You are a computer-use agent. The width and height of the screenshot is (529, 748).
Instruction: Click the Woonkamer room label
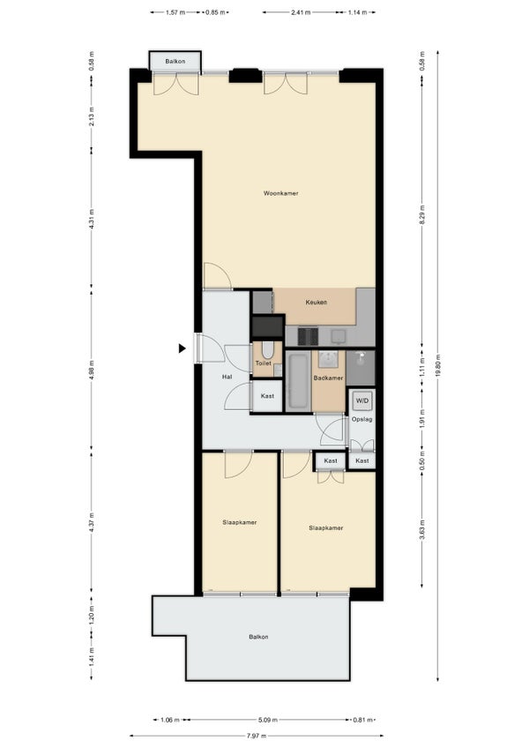click(x=281, y=193)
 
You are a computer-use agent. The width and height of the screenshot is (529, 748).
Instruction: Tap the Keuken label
click(x=316, y=303)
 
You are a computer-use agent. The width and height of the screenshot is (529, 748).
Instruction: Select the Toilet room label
click(x=264, y=363)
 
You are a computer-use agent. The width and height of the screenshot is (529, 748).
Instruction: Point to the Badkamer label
click(x=328, y=378)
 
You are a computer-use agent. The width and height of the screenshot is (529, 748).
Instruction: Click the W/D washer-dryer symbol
click(x=362, y=400)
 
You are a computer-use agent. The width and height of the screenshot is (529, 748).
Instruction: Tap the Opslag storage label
click(x=361, y=420)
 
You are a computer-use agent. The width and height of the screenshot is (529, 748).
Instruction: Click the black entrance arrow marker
click(x=182, y=348)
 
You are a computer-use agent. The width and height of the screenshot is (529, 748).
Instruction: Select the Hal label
click(x=227, y=377)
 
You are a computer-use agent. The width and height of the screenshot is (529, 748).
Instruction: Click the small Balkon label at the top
click(x=175, y=61)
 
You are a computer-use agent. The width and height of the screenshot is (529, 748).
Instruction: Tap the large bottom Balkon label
click(x=258, y=637)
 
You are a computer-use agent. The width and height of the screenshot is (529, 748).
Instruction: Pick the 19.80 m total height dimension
click(x=437, y=366)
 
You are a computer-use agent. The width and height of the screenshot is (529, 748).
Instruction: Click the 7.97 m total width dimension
click(x=257, y=736)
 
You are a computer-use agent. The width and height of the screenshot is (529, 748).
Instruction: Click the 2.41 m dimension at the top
click(x=301, y=12)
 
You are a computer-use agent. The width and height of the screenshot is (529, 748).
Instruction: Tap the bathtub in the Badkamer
click(x=298, y=381)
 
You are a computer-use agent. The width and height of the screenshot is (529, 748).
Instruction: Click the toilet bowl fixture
click(x=267, y=351)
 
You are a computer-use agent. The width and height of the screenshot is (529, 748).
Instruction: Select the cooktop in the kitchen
click(x=308, y=336)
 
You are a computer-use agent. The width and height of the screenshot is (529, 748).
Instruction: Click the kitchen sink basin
click(x=339, y=336)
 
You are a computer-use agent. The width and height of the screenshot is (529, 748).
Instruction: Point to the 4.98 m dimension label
click(x=91, y=370)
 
